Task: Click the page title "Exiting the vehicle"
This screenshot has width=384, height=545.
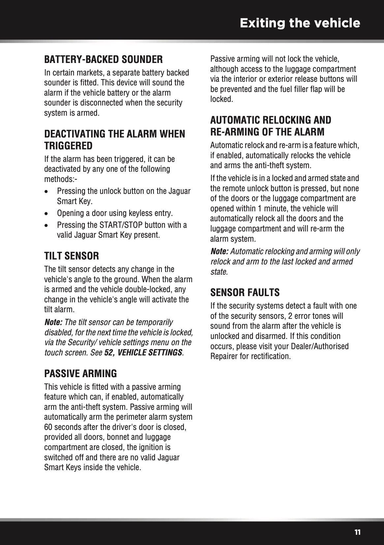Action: [x=300, y=23]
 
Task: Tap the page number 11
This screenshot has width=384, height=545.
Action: [x=357, y=532]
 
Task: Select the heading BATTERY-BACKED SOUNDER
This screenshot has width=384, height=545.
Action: [x=103, y=60]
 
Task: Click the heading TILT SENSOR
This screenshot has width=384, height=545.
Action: [x=72, y=256]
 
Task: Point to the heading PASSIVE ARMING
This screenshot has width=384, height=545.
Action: [x=80, y=374]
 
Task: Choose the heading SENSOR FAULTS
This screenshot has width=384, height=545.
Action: [x=245, y=292]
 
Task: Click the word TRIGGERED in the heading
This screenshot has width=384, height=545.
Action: [x=68, y=146]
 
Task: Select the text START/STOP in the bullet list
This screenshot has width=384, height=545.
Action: [x=121, y=225]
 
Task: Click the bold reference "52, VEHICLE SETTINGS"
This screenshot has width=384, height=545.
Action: [x=143, y=352]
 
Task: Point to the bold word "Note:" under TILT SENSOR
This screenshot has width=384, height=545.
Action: [x=53, y=322]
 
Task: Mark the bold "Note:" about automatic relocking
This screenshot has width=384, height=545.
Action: [x=219, y=252]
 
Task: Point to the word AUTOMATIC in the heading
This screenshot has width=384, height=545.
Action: [x=236, y=120]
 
